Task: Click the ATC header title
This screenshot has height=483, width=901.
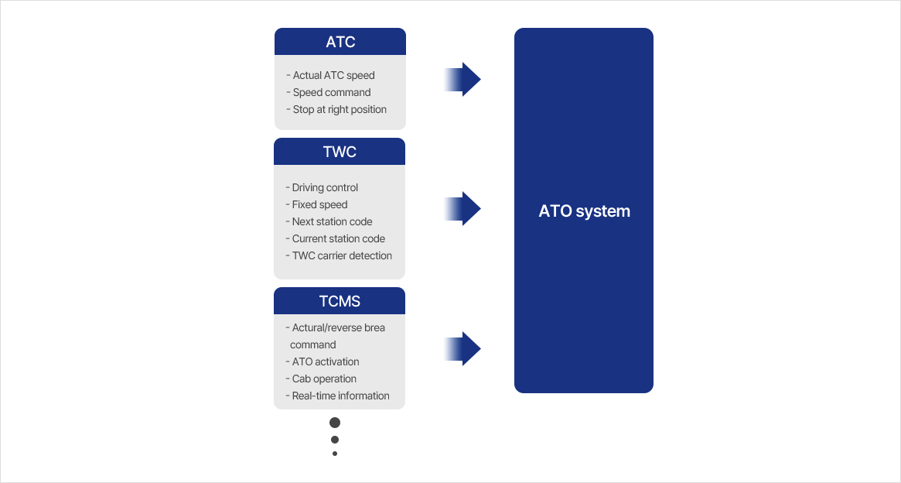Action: (340, 42)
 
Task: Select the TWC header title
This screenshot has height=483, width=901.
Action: (340, 152)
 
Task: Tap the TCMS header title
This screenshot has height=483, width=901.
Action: (340, 301)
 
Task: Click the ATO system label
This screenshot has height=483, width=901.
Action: (584, 211)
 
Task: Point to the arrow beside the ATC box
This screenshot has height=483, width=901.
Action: (462, 80)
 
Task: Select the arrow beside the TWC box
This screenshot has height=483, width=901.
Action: (462, 209)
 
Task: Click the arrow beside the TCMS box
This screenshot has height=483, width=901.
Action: (462, 348)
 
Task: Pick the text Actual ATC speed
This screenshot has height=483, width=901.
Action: (333, 75)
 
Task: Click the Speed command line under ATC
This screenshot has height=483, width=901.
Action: (332, 93)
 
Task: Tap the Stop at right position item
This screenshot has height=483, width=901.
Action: (340, 109)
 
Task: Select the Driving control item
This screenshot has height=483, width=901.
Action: (325, 187)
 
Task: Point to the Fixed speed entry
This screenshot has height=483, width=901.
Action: (319, 204)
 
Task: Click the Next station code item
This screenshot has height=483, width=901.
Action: (332, 221)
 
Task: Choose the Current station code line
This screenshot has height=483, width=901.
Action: (339, 238)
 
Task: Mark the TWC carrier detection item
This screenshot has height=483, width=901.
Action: (342, 256)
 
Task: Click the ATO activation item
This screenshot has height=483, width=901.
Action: (326, 361)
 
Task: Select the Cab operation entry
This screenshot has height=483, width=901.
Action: (324, 379)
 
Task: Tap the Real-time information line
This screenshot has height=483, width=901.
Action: (341, 396)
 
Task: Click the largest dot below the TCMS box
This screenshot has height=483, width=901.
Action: (335, 423)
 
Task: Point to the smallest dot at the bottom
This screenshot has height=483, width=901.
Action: (335, 454)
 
